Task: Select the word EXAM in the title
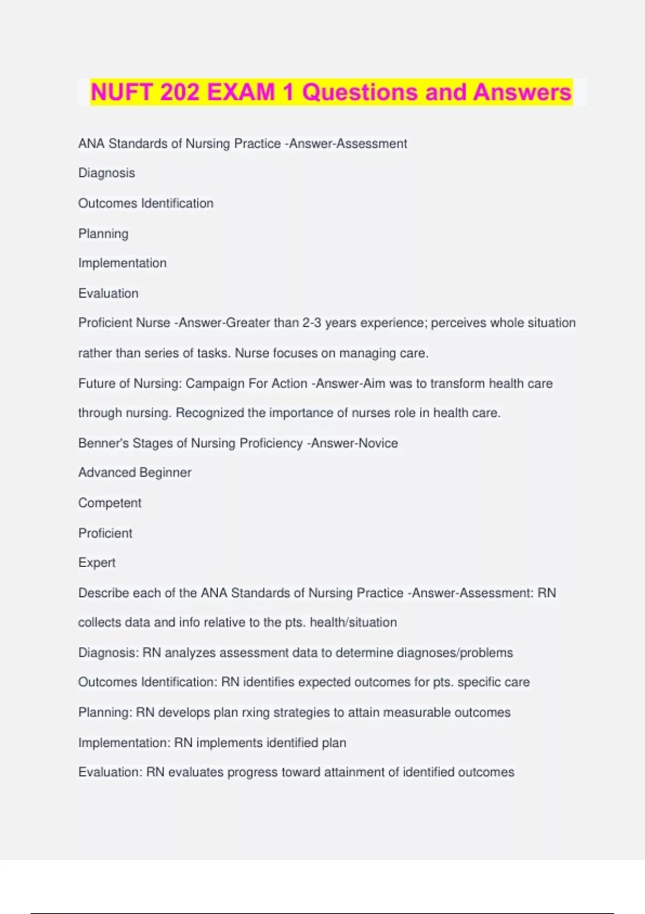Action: (241, 92)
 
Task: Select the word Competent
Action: (110, 503)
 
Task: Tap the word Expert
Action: (97, 562)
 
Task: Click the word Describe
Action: (104, 592)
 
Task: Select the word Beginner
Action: (165, 473)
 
